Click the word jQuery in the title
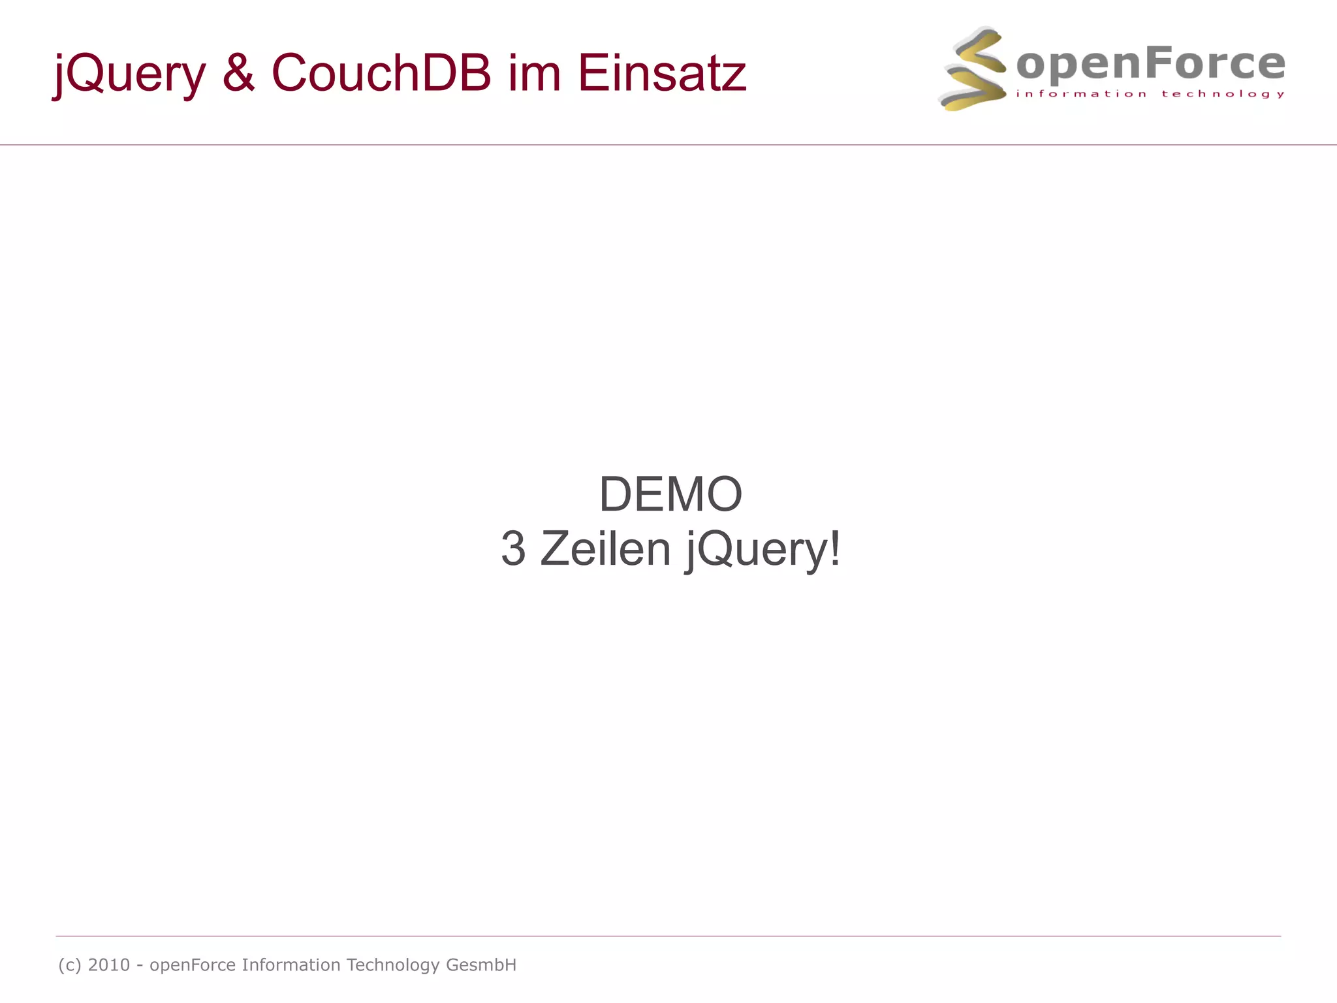129,73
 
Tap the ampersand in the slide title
238,72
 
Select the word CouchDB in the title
381,72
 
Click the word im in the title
534,72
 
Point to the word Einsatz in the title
661,72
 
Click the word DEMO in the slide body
670,494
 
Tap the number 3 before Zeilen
513,549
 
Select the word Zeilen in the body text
605,549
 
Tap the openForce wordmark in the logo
1150,64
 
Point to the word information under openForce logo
1081,94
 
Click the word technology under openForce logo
1223,94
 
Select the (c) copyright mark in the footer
70,965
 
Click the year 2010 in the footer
109,965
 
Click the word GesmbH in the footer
481,965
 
